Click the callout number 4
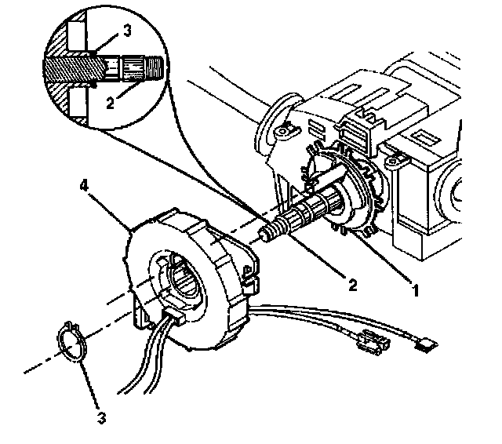click(84, 185)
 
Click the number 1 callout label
click(415, 291)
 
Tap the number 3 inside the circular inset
click(127, 31)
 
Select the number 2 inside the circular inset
click(110, 103)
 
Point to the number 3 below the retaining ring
click(101, 418)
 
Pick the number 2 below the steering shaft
click(352, 285)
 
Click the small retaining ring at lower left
click(71, 341)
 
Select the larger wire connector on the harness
click(373, 344)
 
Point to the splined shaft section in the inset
click(133, 68)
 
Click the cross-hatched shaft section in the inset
click(75, 69)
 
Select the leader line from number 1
click(382, 258)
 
